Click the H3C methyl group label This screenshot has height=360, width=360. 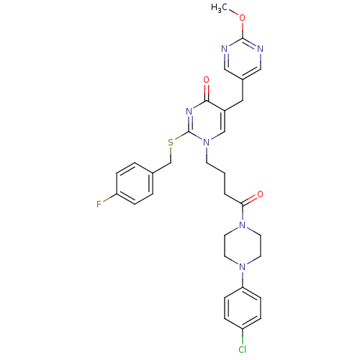click(219, 8)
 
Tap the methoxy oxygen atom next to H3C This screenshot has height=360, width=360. click(243, 18)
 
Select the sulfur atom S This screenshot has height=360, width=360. click(171, 143)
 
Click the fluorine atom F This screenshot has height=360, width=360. click(99, 204)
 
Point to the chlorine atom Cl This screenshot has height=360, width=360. click(243, 349)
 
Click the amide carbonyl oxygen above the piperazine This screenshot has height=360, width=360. click(260, 194)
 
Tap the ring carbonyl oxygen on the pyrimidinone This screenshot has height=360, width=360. click(206, 80)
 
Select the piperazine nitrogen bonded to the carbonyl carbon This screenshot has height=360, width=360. click(243, 225)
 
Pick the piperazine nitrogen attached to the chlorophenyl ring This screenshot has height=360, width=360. click(243, 266)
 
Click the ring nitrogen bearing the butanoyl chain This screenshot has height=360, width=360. click(206, 143)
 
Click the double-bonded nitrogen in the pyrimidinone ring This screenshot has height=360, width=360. click(189, 112)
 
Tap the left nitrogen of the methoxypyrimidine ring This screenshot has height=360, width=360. click(224, 49)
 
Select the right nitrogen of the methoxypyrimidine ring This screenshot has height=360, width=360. click(260, 49)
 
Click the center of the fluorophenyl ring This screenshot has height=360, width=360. click(135, 184)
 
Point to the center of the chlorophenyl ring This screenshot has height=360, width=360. click(243, 308)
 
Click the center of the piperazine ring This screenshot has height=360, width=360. click(243, 246)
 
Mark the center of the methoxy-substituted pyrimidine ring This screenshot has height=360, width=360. click(243, 59)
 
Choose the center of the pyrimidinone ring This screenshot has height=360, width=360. click(207, 122)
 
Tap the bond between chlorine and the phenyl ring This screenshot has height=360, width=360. click(243, 337)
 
